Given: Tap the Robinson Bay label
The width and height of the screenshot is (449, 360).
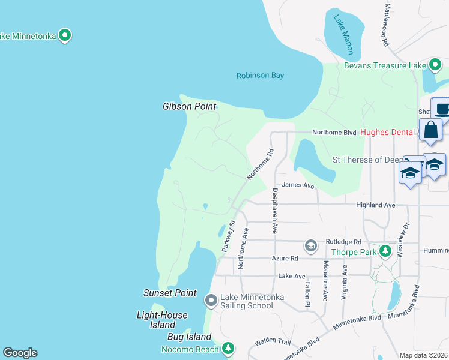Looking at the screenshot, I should [259, 76].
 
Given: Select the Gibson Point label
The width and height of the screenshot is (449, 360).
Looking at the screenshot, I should [189, 106].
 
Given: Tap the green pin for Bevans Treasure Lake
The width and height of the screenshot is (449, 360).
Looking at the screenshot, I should [435, 65].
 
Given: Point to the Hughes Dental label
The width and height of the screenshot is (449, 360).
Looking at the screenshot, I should [388, 132].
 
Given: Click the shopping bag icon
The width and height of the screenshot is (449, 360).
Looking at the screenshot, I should [431, 130].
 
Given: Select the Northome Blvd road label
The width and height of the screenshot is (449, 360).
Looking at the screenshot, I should [334, 132].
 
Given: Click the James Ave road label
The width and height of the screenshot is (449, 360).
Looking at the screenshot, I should [298, 186].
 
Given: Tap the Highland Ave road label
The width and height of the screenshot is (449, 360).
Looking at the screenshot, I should [375, 205].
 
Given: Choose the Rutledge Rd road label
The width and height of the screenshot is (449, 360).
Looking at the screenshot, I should [345, 241].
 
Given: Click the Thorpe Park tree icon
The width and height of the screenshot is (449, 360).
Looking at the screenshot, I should [385, 252].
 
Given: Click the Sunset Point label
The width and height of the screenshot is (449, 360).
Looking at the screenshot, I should [170, 293].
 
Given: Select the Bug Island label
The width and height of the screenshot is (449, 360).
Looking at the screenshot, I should [189, 337].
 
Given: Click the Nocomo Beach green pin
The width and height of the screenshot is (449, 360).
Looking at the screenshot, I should [228, 348].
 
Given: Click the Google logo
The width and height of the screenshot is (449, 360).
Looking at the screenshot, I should [20, 353].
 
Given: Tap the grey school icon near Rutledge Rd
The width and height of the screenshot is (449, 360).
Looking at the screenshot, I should [310, 245].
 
